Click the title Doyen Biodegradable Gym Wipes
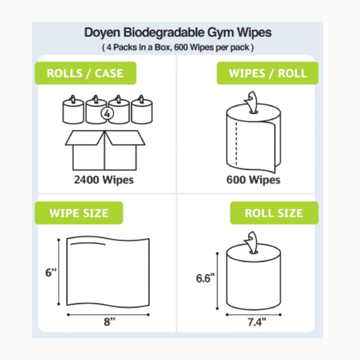tap(177, 33)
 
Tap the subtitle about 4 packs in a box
tap(177, 48)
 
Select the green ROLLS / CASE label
tap(85, 73)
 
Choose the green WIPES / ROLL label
tap(267, 73)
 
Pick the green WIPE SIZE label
tap(78, 213)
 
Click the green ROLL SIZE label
tap(274, 213)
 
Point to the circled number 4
tap(107, 113)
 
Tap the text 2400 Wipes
tap(104, 180)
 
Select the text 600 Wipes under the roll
tap(253, 180)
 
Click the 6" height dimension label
tap(51, 273)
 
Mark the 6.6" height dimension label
tap(205, 278)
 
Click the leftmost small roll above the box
tap(73, 111)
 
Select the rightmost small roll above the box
tap(141, 111)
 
